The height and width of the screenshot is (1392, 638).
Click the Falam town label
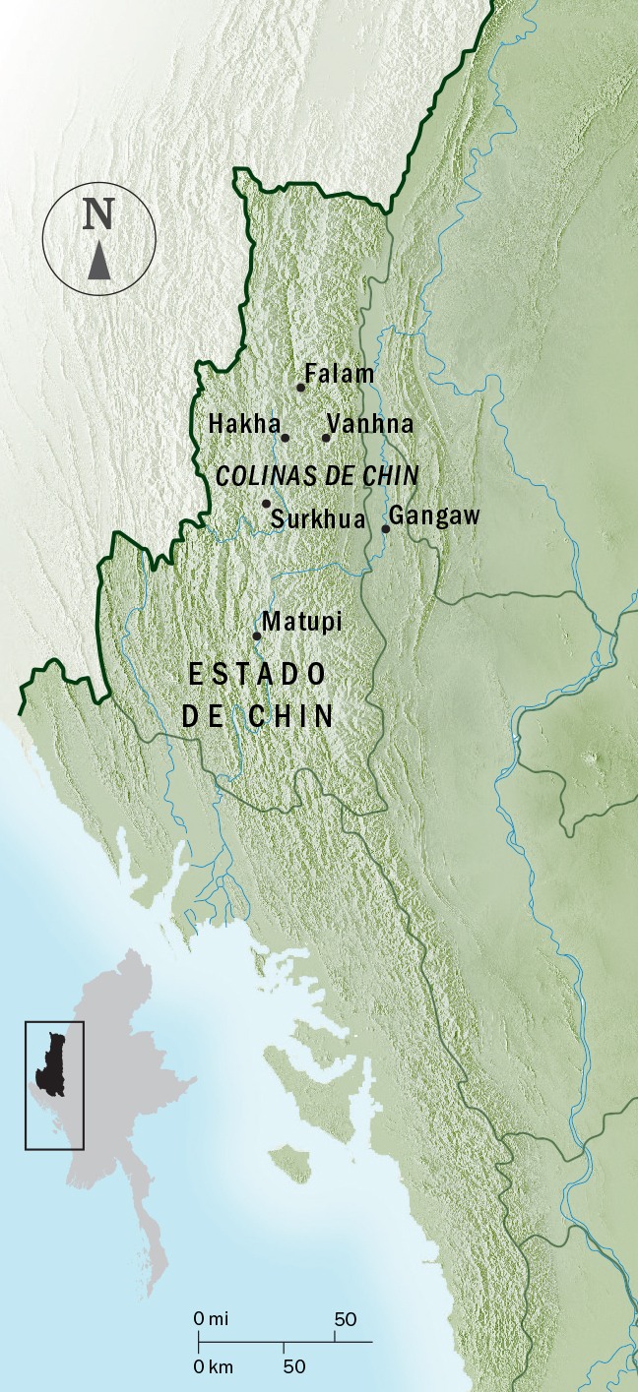pyautogui.click(x=340, y=374)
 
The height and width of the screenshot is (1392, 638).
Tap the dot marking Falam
pyautogui.click(x=301, y=388)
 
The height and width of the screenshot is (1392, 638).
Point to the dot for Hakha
pyautogui.click(x=286, y=438)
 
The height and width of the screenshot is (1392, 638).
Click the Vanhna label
pyautogui.click(x=370, y=424)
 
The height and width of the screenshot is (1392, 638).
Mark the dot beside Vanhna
pyautogui.click(x=326, y=438)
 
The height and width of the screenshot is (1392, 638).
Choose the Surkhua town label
pyautogui.click(x=317, y=519)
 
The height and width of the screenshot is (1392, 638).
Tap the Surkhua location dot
pyautogui.click(x=266, y=504)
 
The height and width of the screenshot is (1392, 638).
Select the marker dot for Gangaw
pyautogui.click(x=386, y=529)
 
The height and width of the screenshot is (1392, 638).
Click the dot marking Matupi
pyautogui.click(x=257, y=636)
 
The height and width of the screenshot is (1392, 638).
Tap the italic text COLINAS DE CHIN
pyautogui.click(x=317, y=476)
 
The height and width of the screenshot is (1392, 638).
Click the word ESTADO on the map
pyautogui.click(x=257, y=674)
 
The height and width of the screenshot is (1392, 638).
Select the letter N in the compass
pyautogui.click(x=98, y=214)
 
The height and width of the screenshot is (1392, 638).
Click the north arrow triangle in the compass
pyautogui.click(x=98, y=263)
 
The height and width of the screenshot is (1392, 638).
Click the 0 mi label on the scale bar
pyautogui.click(x=210, y=1318)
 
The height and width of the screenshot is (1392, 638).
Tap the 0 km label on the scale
pyautogui.click(x=212, y=1366)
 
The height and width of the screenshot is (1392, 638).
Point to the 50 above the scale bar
pyautogui.click(x=346, y=1318)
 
